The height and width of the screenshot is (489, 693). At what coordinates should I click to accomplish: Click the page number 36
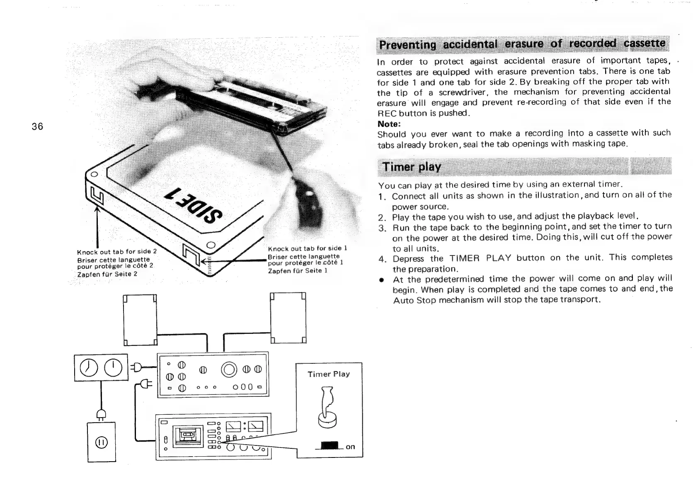[37, 127]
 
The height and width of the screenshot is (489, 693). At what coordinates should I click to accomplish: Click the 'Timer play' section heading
[411, 167]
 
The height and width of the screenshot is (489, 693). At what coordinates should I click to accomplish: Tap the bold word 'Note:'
[389, 124]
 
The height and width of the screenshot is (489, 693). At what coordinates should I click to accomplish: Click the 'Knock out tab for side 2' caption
[117, 252]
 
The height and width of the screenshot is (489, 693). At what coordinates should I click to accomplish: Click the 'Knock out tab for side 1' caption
[307, 248]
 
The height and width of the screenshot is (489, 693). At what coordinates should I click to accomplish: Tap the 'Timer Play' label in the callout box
[329, 374]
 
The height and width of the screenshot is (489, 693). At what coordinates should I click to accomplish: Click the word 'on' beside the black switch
[350, 447]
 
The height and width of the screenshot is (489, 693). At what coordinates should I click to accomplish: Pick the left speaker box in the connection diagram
[141, 319]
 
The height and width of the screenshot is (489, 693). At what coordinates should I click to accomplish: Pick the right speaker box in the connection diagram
[288, 318]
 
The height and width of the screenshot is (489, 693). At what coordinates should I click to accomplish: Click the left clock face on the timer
[88, 367]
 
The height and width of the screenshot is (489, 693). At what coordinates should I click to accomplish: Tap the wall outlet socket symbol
[102, 443]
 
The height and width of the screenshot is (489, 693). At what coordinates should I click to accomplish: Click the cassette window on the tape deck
[187, 435]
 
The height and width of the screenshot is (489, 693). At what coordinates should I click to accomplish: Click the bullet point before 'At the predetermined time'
[380, 279]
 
